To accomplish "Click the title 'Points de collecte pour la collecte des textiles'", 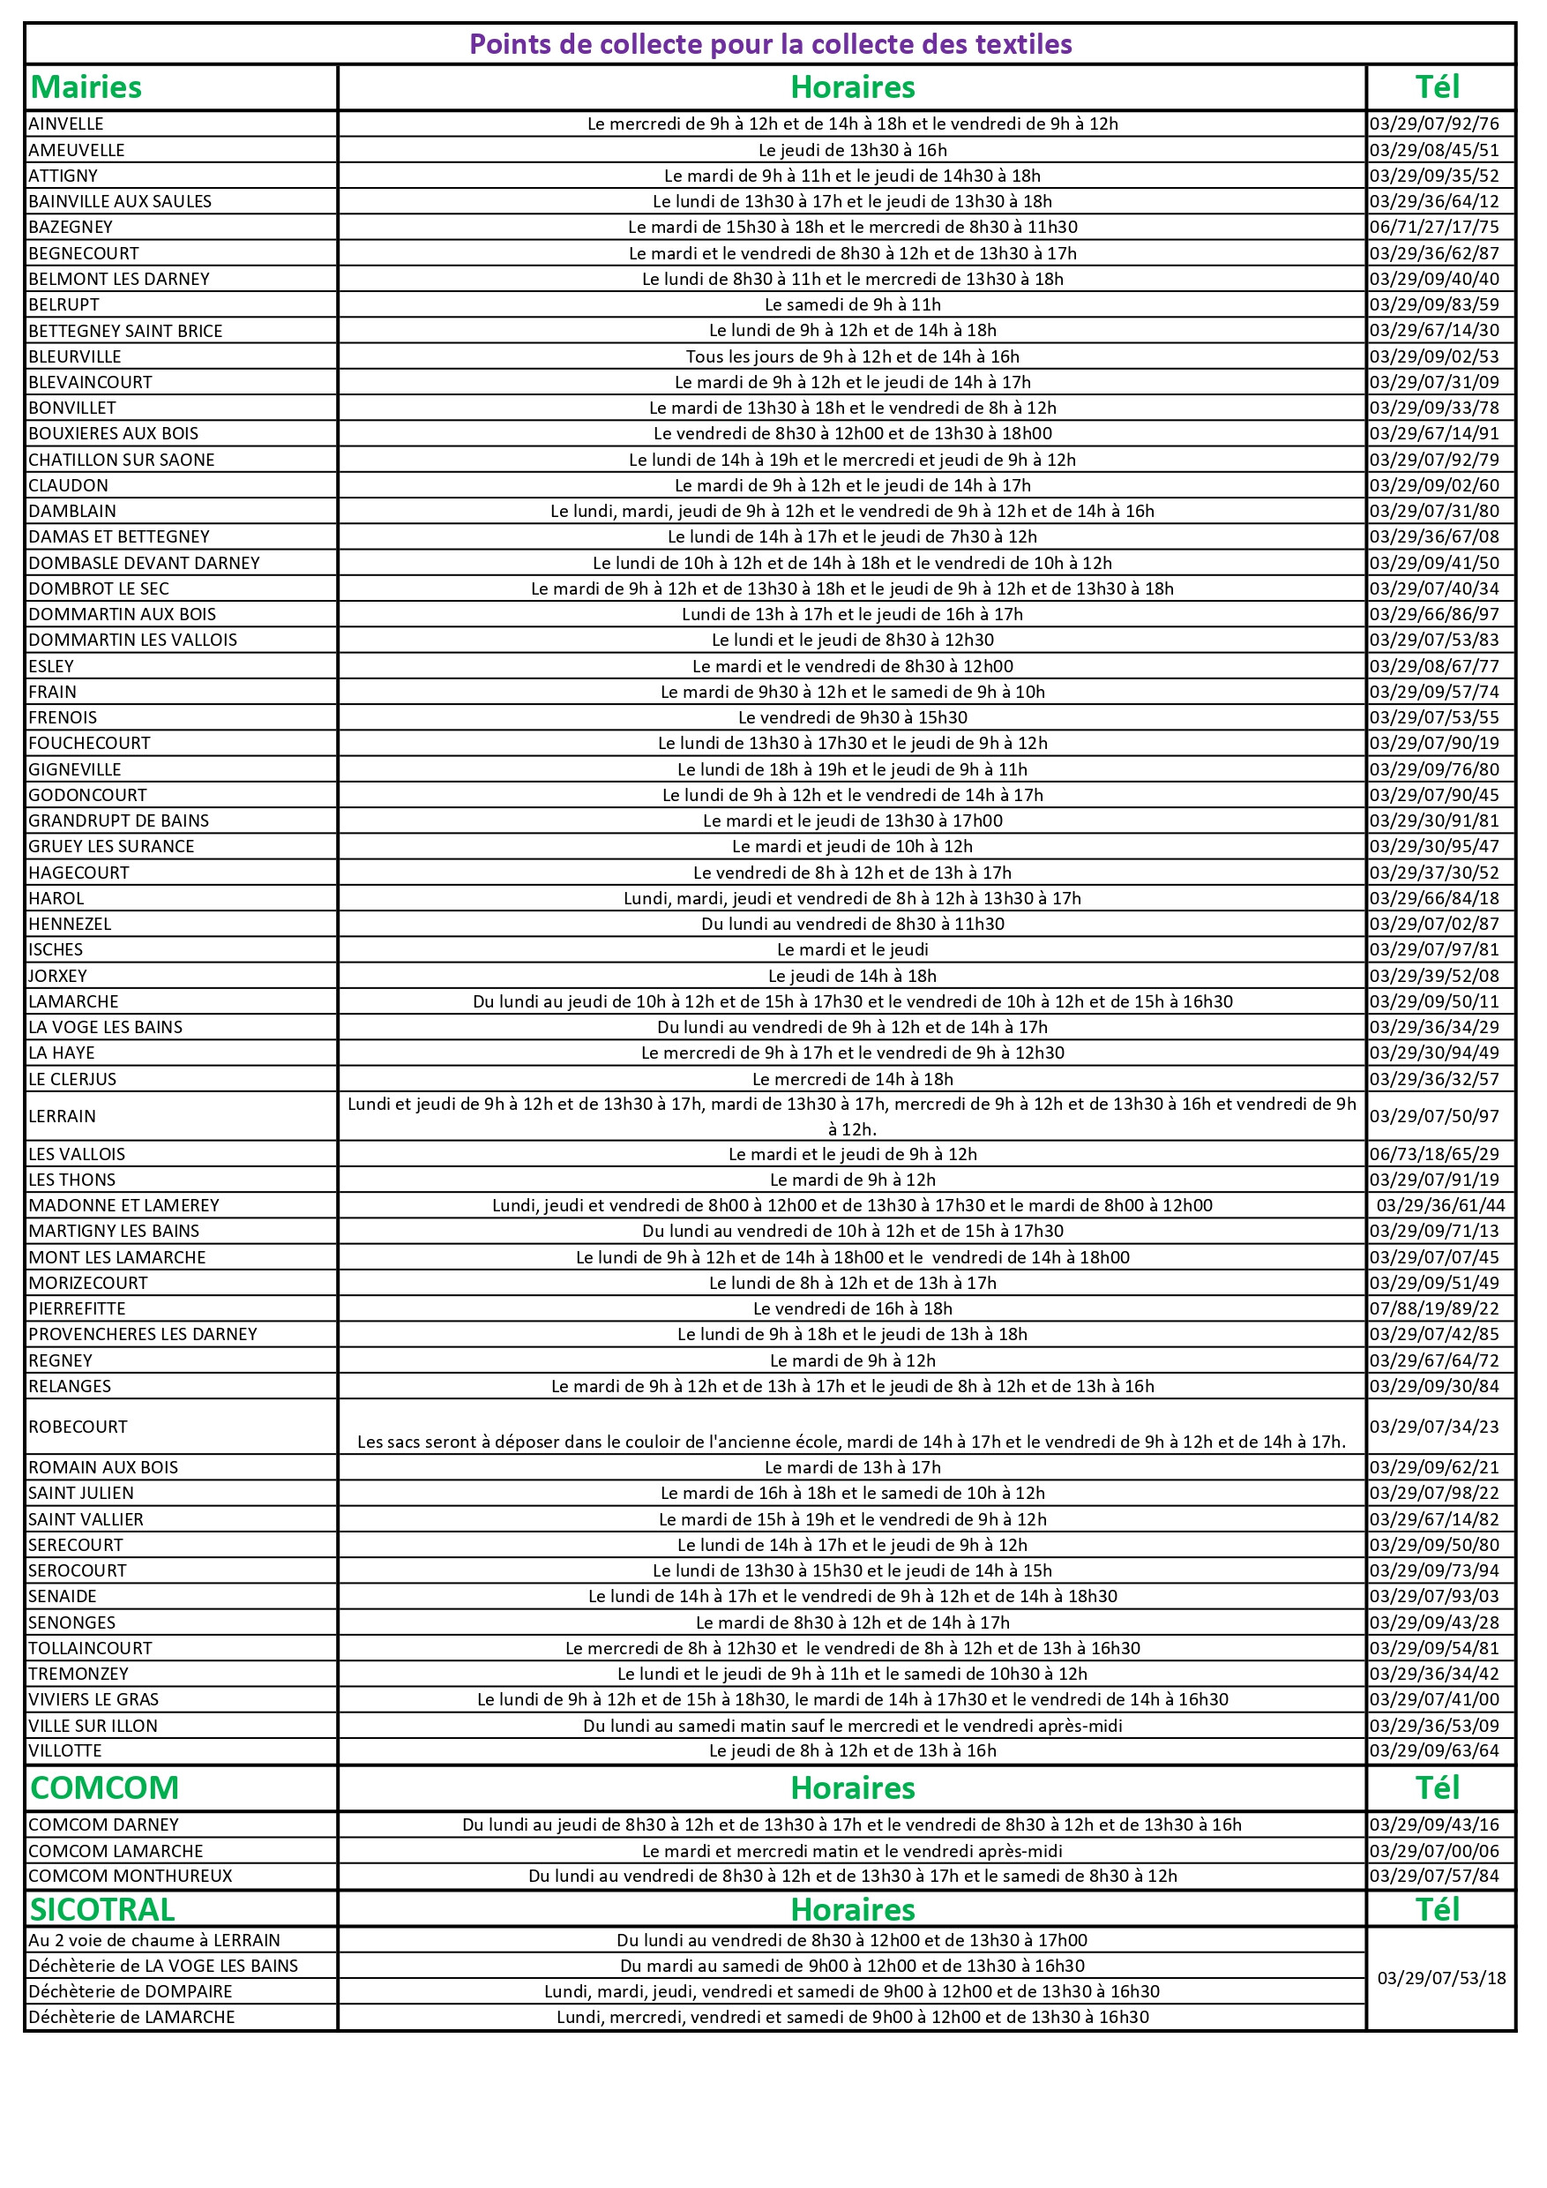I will (771, 44).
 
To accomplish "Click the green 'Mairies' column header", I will (86, 87).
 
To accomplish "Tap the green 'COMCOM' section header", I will (104, 1787).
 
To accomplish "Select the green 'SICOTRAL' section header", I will (102, 1910).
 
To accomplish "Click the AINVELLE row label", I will (66, 124).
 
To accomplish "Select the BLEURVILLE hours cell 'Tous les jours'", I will (852, 356).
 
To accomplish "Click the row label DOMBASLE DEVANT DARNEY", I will (144, 563).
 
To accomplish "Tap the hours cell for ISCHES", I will (852, 949).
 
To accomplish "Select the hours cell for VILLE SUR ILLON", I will (852, 1726).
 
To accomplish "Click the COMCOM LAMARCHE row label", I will (116, 1851).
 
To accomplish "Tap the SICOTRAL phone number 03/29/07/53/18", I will (1441, 1978).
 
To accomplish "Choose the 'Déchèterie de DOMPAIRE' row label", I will (131, 1990).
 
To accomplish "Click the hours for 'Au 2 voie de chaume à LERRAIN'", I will (852, 1940).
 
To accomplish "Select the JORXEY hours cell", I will (852, 976).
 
